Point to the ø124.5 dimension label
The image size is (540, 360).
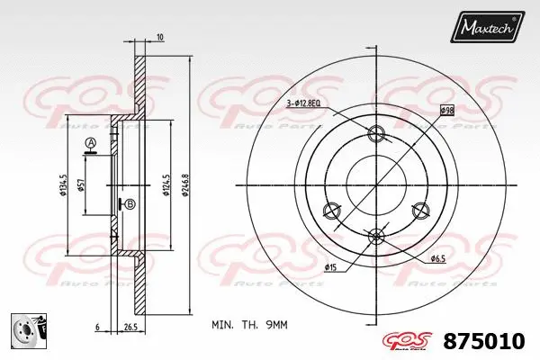click(166, 186)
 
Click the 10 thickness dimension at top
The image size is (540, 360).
click(159, 37)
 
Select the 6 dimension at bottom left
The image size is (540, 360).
click(97, 326)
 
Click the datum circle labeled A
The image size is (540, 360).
click(91, 144)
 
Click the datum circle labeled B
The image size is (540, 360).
click(130, 204)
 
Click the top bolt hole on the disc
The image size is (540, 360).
click(376, 135)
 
